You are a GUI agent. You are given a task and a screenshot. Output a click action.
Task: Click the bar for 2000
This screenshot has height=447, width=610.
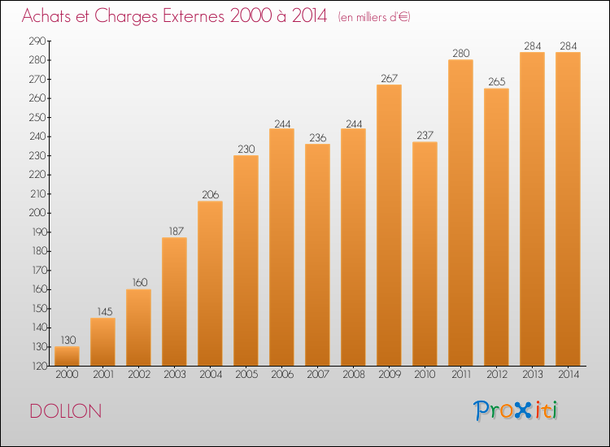(67, 356)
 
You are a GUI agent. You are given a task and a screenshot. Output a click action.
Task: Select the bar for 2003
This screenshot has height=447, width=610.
(174, 302)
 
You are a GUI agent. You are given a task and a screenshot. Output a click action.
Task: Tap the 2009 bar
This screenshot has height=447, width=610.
(389, 225)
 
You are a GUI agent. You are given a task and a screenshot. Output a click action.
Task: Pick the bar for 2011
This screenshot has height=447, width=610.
(460, 213)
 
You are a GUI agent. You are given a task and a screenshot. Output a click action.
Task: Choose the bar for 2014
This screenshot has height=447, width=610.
(568, 209)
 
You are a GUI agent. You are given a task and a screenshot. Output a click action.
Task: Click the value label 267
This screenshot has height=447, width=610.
(389, 79)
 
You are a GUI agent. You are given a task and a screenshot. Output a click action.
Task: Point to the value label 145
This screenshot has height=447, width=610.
(104, 312)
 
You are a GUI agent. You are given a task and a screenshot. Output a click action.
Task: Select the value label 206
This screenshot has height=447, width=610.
(211, 195)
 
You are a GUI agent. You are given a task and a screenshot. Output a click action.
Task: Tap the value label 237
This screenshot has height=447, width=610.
(425, 135)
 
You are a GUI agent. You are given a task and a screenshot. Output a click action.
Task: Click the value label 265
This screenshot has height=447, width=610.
(497, 81)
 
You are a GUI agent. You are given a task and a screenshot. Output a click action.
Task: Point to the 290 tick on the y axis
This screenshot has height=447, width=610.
(37, 41)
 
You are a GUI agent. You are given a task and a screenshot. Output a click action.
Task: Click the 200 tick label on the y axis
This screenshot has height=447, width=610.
(37, 213)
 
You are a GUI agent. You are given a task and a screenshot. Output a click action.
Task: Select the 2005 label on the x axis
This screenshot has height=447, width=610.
(246, 375)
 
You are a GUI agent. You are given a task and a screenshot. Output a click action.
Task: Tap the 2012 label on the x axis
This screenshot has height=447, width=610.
(497, 375)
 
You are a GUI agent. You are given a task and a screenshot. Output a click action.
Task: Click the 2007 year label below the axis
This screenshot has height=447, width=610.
(318, 375)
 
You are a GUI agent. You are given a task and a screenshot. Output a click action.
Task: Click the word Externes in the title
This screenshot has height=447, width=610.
(194, 16)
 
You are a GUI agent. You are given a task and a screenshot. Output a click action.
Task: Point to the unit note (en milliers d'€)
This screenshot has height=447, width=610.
(374, 17)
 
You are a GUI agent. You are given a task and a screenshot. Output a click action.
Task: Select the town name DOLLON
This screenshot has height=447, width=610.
(66, 411)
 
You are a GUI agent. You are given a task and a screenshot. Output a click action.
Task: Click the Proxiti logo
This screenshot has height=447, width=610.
(516, 410)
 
